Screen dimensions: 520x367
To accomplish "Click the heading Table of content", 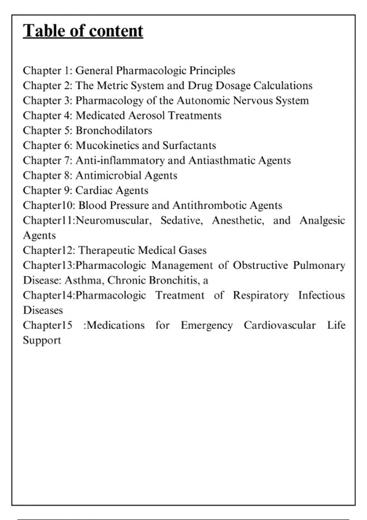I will click(83, 31).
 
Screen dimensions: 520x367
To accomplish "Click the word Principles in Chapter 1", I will click(212, 71).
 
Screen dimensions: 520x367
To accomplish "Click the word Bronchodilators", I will click(114, 131).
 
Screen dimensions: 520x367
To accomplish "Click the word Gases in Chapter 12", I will click(193, 251).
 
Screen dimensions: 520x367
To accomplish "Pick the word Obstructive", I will click(260, 266).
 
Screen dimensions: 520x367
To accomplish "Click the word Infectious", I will click(321, 295).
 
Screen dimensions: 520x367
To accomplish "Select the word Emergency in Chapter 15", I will click(207, 325).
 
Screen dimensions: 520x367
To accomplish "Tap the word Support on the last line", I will click(42, 340).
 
